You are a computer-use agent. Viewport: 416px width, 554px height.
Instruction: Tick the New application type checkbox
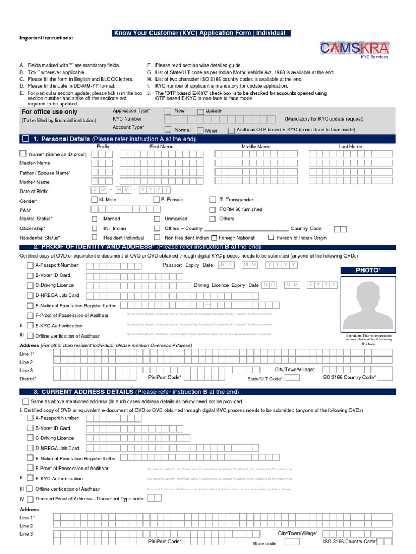[x=168, y=111]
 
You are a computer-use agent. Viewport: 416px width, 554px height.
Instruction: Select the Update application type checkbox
[x=200, y=111]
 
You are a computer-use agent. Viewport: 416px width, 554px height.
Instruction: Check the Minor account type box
[x=200, y=130]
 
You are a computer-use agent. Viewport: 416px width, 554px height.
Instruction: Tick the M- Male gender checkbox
[x=95, y=200]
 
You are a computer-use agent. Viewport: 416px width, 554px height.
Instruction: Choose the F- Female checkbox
[x=157, y=200]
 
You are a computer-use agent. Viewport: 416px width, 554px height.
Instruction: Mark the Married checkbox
[x=95, y=219]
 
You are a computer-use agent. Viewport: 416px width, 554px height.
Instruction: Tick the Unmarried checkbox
[x=157, y=219]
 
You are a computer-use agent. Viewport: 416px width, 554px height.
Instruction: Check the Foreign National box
[x=214, y=238]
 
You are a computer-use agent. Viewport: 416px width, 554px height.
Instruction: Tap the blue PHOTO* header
[x=368, y=270]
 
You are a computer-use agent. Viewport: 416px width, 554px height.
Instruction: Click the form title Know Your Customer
[x=199, y=33]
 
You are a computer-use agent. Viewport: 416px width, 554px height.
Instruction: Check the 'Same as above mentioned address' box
[x=26, y=402]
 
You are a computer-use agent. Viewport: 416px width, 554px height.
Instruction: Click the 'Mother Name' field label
[x=35, y=182]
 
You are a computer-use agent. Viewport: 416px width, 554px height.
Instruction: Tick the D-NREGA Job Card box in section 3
[x=30, y=448]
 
